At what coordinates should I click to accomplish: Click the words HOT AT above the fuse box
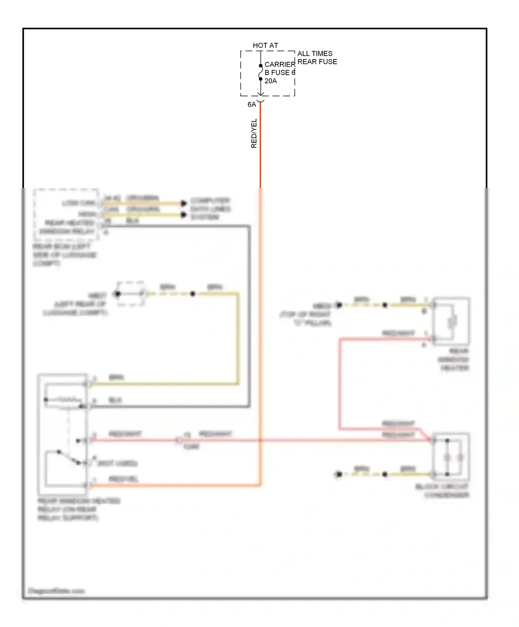[265, 45]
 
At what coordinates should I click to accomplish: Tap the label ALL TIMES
[315, 54]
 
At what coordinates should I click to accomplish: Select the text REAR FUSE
[317, 62]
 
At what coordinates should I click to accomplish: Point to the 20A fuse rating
[271, 81]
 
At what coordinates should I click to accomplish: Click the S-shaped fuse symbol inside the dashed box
[261, 72]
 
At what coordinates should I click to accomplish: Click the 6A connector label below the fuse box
[252, 104]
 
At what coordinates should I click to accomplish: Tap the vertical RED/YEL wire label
[254, 133]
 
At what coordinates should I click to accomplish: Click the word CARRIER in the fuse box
[280, 65]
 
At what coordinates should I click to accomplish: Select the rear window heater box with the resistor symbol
[451, 321]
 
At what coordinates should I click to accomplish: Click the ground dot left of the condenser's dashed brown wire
[339, 474]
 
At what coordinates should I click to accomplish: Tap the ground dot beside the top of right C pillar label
[339, 305]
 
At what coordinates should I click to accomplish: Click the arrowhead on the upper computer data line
[183, 203]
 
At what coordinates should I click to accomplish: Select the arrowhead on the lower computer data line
[183, 215]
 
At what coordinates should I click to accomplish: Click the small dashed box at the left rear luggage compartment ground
[130, 294]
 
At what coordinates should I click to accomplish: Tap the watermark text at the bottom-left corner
[56, 591]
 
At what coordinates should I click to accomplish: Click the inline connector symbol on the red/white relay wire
[179, 440]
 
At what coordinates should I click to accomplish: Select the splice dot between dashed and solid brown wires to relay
[193, 294]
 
